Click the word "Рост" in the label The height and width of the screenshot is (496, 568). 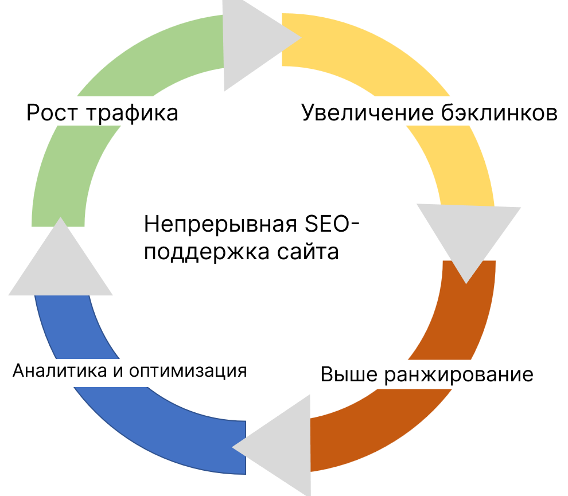[x=52, y=112]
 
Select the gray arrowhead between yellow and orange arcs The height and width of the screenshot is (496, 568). [x=468, y=235]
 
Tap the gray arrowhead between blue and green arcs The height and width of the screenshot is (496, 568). [x=60, y=264]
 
